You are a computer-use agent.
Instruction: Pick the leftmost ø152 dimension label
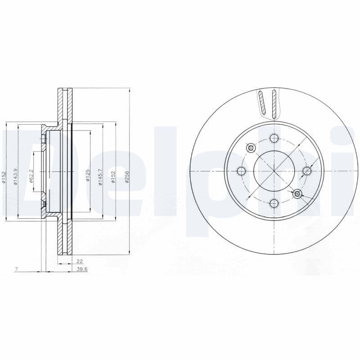pyautogui.click(x=4, y=177)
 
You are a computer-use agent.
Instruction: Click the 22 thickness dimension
pyautogui.click(x=79, y=261)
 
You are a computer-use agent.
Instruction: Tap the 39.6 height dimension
pyautogui.click(x=81, y=269)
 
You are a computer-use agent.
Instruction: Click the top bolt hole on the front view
pyautogui.click(x=274, y=138)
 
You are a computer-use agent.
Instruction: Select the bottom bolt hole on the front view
pyautogui.click(x=274, y=203)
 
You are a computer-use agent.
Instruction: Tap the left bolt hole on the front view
pyautogui.click(x=241, y=171)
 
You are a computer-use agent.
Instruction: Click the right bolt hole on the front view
pyautogui.click(x=306, y=171)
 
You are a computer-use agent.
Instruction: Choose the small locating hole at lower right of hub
pyautogui.click(x=297, y=193)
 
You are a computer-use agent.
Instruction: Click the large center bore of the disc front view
pyautogui.click(x=274, y=171)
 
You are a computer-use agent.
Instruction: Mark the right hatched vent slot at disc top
pyautogui.click(x=274, y=104)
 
